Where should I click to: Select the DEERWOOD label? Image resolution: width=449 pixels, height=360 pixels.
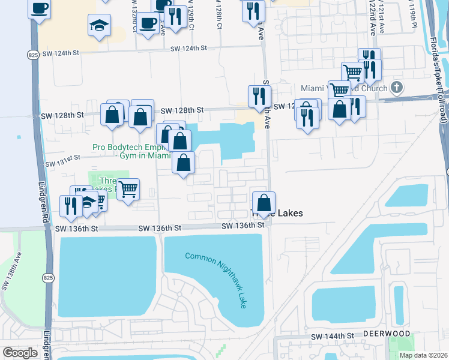coord(386,333)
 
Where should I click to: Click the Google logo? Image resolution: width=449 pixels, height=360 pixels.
coord(20,353)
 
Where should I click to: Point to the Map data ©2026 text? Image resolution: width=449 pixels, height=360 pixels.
coord(423,355)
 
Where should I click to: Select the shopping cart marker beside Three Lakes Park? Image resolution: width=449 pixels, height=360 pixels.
coord(128,190)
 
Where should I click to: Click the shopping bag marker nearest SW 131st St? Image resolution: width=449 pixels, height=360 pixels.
coord(184,163)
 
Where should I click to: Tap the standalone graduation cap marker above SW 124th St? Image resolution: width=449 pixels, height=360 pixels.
coord(99,26)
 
